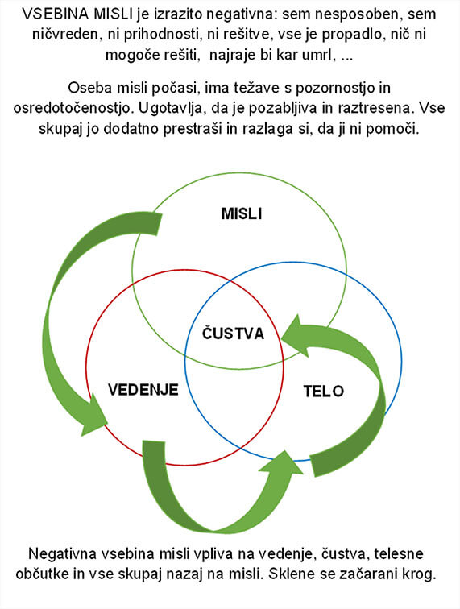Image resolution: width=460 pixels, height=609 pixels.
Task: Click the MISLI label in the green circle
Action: (241, 213)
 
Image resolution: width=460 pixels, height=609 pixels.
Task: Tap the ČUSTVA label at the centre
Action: (233, 333)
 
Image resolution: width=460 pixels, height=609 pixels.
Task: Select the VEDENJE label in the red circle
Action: (143, 390)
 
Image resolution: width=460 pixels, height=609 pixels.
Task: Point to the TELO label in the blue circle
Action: (324, 391)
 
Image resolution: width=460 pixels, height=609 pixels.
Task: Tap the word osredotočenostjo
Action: (72, 108)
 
